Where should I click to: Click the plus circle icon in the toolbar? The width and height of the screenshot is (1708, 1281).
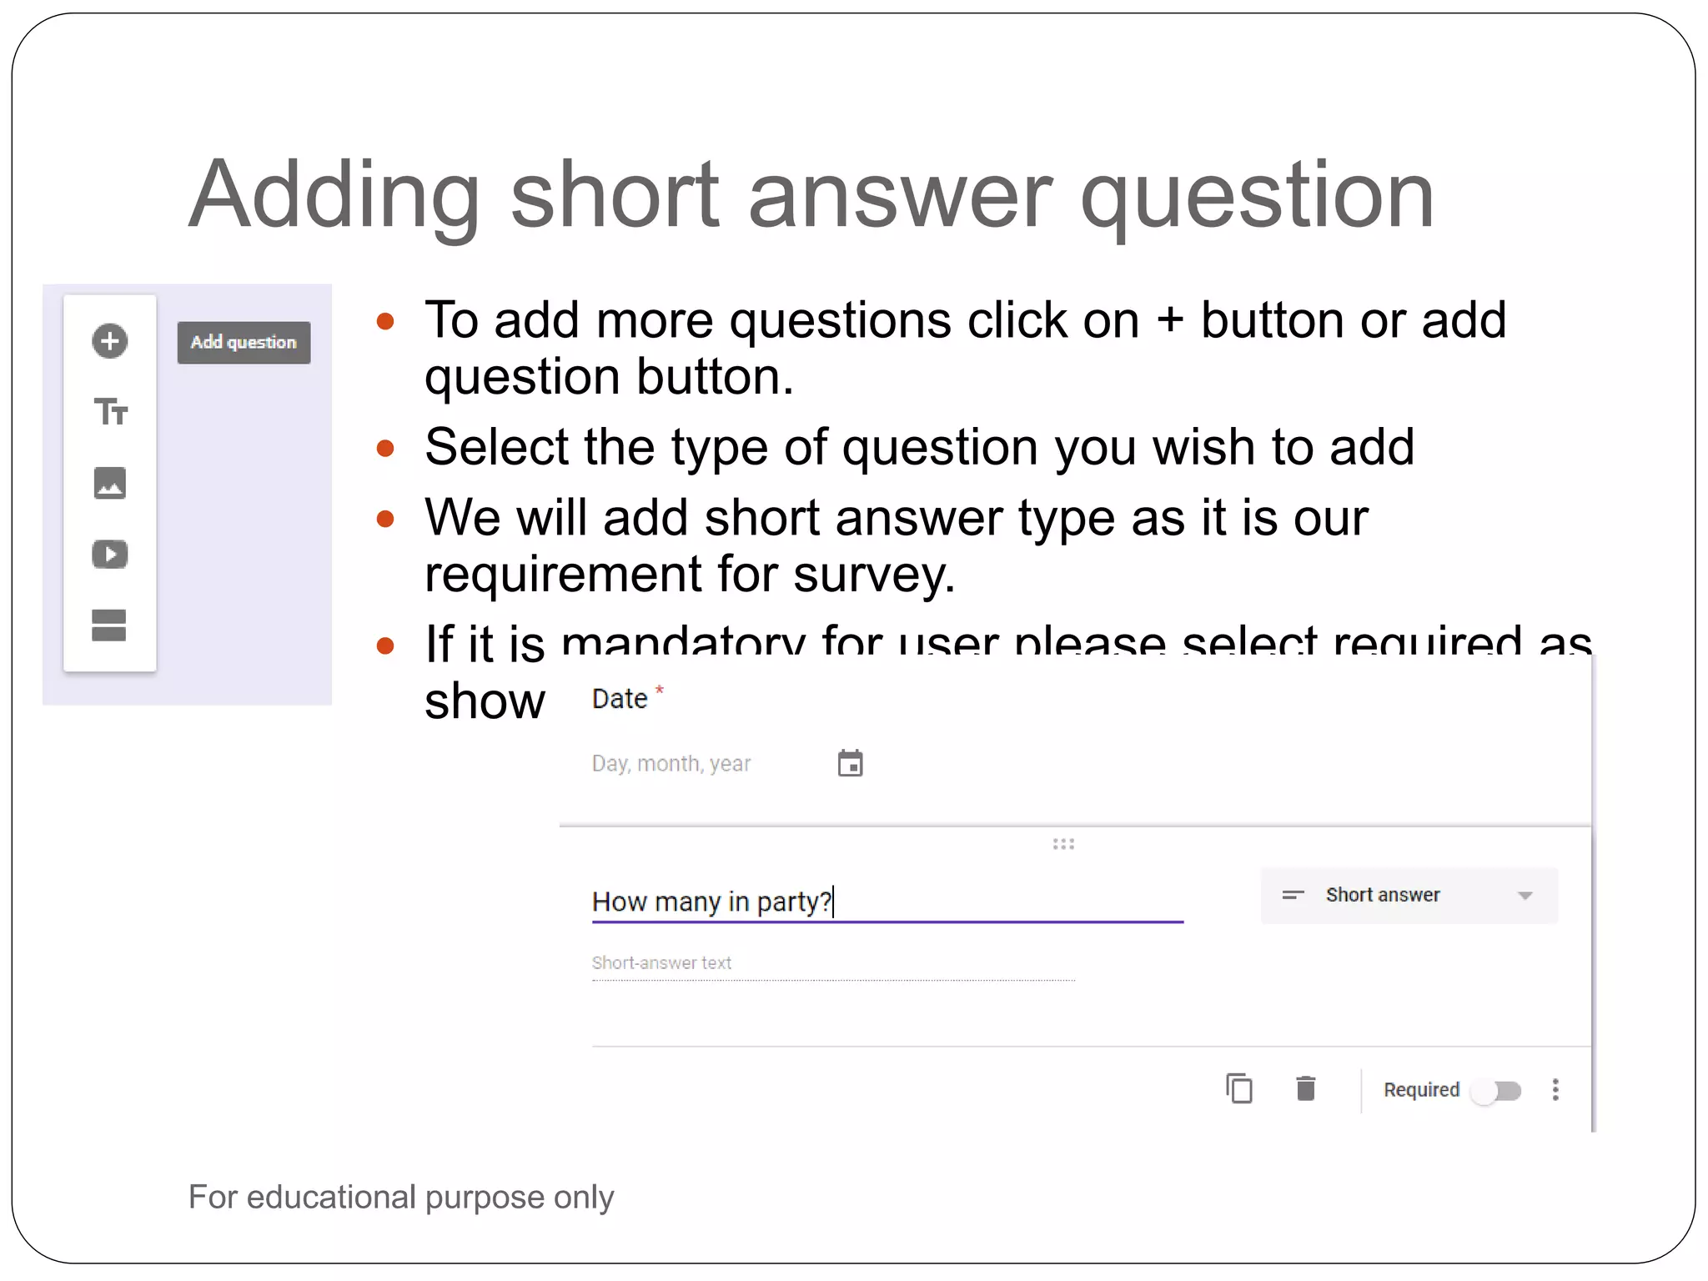[x=109, y=341]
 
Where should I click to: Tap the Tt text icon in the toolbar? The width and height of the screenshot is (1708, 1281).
[x=110, y=412]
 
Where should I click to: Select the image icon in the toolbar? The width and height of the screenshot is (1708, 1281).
[x=109, y=483]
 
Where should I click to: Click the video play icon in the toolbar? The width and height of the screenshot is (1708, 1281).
[x=109, y=555]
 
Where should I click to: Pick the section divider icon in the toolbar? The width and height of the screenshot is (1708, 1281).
[x=109, y=625]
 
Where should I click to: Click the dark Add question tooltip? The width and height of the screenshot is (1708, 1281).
[x=244, y=343]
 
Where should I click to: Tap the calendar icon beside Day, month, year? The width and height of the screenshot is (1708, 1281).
[x=850, y=763]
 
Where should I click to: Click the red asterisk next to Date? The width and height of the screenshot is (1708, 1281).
[x=659, y=690]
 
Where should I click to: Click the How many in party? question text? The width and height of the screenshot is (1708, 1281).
[x=711, y=902]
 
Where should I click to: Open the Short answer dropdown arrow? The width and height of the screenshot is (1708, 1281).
[x=1525, y=896]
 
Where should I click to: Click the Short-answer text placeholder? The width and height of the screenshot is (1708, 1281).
[x=661, y=963]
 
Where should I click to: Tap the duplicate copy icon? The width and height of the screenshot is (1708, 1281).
[x=1239, y=1089]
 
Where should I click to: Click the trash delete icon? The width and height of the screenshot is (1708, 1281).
[x=1306, y=1089]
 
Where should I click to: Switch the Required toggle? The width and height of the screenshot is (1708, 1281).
[x=1498, y=1091]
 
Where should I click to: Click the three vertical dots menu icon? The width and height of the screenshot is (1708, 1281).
[x=1555, y=1090]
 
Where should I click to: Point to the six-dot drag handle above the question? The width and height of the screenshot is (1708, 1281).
[x=1063, y=844]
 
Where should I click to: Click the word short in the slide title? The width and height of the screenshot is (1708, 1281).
[x=614, y=196]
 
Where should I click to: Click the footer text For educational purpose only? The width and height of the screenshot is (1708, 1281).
[x=401, y=1198]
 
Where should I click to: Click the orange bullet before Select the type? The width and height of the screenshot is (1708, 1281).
[x=385, y=449]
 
